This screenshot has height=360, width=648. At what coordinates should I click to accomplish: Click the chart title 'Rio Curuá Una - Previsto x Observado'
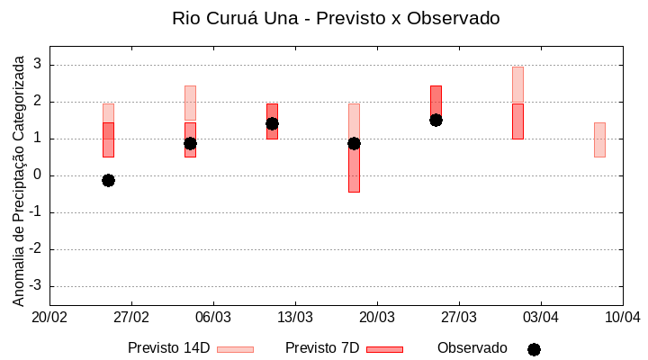(x=336, y=18)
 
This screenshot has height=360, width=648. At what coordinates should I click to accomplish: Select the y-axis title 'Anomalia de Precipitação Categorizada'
(x=19, y=178)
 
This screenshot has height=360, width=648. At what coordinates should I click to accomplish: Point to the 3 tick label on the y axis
(x=38, y=65)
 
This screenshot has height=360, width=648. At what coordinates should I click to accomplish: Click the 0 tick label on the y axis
(x=38, y=175)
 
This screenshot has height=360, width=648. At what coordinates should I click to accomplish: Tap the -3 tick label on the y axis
(x=35, y=286)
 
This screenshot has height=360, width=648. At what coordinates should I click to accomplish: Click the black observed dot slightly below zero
(x=108, y=180)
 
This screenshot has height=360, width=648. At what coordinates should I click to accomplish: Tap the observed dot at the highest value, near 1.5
(x=436, y=120)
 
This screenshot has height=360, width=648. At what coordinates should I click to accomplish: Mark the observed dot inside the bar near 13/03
(x=272, y=123)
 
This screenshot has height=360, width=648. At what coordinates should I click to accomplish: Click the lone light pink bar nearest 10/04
(x=599, y=139)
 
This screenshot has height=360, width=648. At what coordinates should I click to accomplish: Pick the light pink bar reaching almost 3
(x=517, y=85)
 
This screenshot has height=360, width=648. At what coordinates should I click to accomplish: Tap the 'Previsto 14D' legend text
(x=168, y=348)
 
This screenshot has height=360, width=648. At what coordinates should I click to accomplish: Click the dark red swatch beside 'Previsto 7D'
(x=384, y=349)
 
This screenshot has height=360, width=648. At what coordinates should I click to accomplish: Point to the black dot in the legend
(x=534, y=349)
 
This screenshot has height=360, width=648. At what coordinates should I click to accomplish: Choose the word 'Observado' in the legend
(x=472, y=348)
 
